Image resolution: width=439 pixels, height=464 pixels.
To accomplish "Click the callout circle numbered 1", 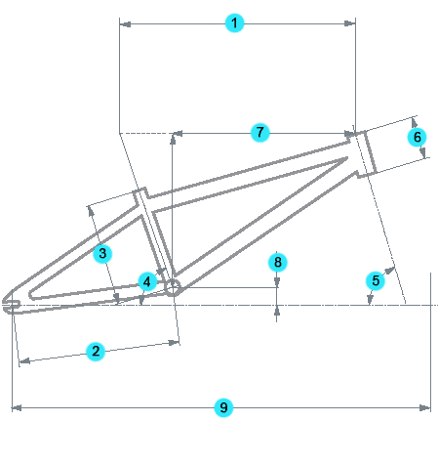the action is click(x=234, y=23).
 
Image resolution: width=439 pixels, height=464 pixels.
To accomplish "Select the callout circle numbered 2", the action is click(x=96, y=351).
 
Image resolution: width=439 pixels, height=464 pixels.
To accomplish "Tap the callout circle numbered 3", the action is click(x=102, y=253).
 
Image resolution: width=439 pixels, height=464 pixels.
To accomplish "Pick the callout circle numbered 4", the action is click(x=147, y=281).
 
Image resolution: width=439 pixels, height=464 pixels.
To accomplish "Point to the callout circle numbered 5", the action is click(x=376, y=280).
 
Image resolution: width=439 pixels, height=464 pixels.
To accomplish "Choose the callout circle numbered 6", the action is click(x=417, y=137).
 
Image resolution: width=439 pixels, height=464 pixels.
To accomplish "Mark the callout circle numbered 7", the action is click(x=259, y=133).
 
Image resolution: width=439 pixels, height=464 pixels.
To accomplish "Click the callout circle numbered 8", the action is click(x=277, y=262).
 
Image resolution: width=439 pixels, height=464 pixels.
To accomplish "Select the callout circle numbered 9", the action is click(x=223, y=407).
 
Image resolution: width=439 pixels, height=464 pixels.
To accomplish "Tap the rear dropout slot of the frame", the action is click(x=11, y=305).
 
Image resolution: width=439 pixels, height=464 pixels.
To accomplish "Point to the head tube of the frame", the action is click(x=362, y=152).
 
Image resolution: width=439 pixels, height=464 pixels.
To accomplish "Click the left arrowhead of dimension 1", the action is click(x=125, y=24).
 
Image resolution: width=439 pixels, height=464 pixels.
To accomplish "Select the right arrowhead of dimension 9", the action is click(x=425, y=407).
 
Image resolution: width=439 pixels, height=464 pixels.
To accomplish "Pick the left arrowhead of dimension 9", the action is click(x=17, y=407).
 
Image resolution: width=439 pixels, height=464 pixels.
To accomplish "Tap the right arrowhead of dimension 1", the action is click(x=349, y=23).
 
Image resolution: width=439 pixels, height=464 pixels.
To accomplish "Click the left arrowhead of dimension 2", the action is click(x=25, y=361).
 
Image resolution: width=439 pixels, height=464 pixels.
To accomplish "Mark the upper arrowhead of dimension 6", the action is click(x=415, y=123).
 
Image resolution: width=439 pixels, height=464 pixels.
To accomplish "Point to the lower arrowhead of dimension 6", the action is click(x=422, y=152).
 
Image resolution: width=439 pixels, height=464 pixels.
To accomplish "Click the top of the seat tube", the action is click(x=140, y=190).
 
